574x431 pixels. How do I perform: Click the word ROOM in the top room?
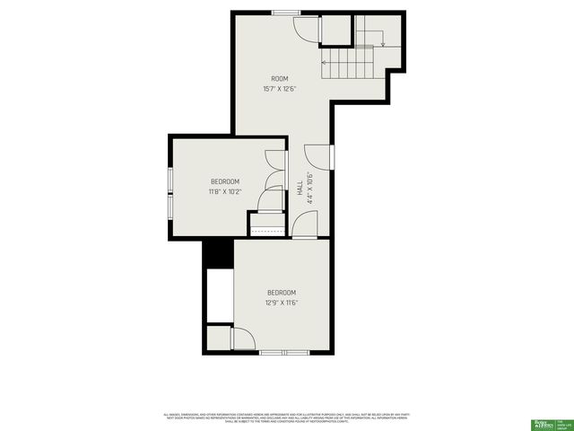click(280, 79)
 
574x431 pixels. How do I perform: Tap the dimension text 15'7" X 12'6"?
click(280, 89)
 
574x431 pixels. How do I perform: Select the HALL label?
click(300, 189)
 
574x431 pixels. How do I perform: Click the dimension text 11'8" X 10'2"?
click(225, 191)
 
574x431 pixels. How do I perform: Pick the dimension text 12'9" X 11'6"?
click(281, 303)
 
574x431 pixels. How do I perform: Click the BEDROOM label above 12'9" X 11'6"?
click(281, 293)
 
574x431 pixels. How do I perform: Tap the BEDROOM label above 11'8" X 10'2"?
click(225, 181)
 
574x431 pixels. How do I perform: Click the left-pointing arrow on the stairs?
click(326, 62)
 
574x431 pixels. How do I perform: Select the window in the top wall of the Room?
click(286, 13)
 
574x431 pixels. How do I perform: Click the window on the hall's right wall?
click(332, 156)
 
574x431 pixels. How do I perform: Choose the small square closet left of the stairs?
click(335, 30)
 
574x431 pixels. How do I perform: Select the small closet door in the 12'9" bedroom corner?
click(241, 339)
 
